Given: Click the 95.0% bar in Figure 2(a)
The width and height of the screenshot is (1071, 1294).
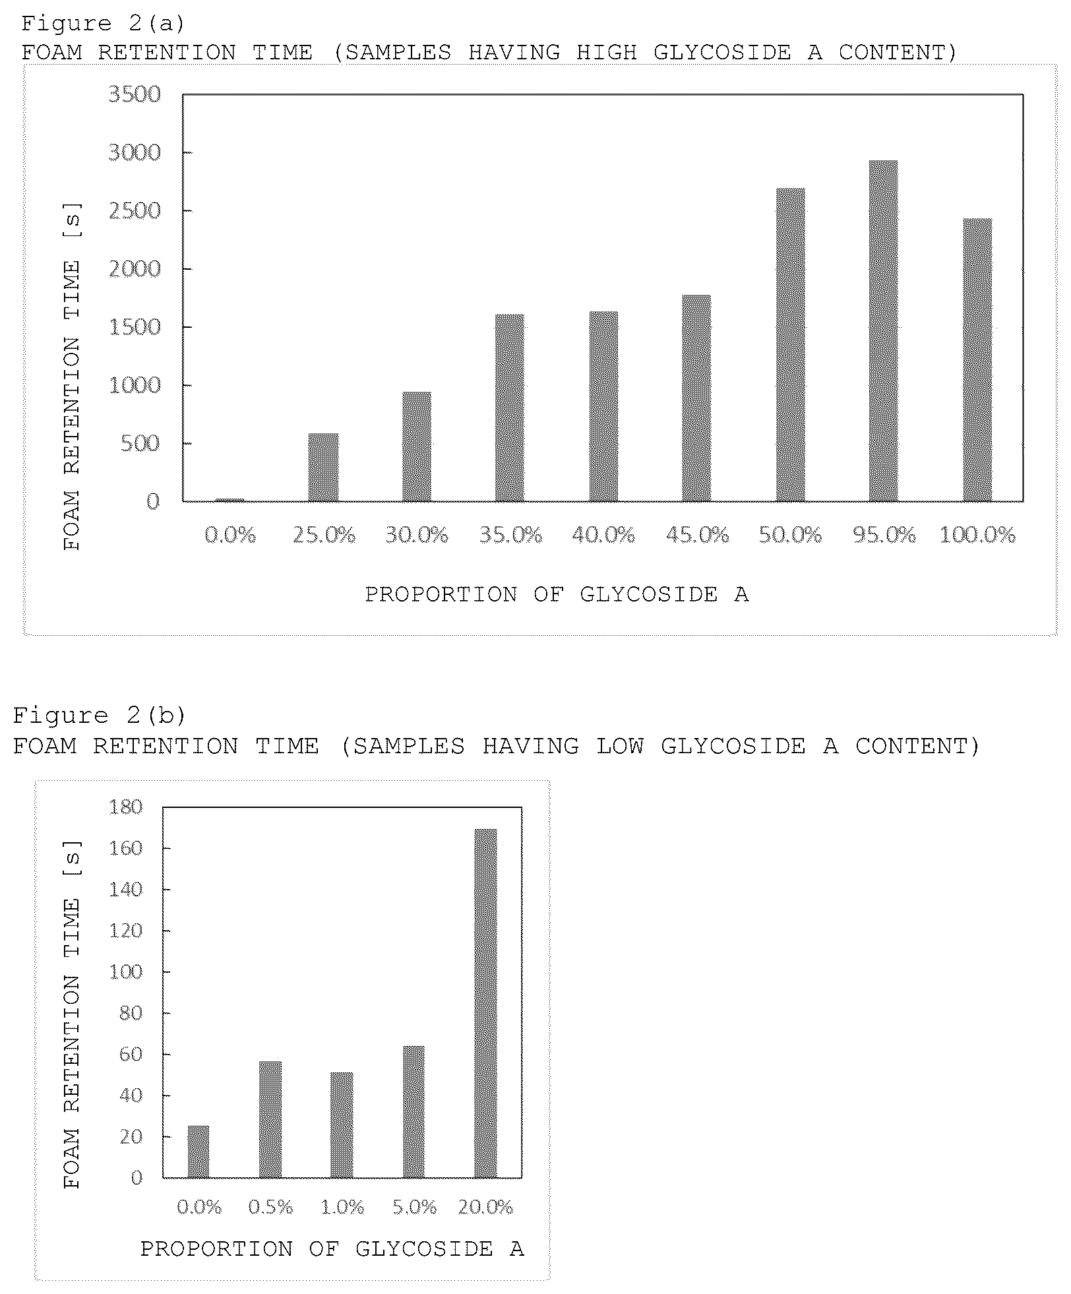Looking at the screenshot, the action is tap(883, 330).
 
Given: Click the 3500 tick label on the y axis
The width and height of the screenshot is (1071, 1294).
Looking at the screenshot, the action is tap(135, 94).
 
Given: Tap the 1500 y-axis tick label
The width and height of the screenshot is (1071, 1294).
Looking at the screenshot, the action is tap(135, 327).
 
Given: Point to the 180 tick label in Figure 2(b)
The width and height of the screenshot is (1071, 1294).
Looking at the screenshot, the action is tap(126, 807).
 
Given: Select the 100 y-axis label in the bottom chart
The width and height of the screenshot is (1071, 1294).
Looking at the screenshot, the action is tap(126, 971).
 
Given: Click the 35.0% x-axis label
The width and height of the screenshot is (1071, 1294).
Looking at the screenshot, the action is tap(510, 534).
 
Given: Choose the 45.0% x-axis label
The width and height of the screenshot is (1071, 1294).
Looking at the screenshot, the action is tap(697, 534).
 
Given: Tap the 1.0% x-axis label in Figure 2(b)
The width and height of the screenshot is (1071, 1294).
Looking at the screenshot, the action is tap(342, 1207).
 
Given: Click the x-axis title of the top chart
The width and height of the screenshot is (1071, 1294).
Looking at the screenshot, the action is tap(557, 594).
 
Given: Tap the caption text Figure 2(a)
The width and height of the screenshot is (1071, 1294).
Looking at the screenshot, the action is tap(103, 24).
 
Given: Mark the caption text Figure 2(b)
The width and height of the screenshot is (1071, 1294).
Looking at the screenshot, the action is tap(100, 715).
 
